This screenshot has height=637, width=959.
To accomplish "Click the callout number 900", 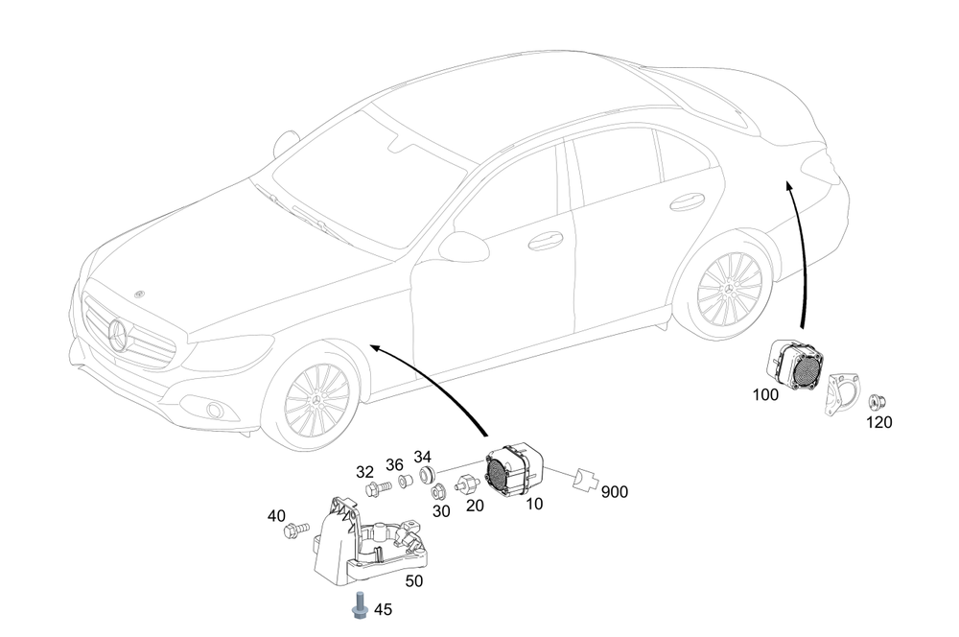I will [x=615, y=492].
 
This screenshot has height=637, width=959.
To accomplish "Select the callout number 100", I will [x=767, y=393].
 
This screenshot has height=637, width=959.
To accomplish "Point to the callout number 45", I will [x=383, y=608].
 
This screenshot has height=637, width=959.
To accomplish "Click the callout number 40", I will [x=276, y=516].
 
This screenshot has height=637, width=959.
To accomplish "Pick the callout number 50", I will [x=414, y=580].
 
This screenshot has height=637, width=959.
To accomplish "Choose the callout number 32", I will [x=364, y=471].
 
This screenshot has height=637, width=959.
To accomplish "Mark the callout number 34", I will [x=423, y=456].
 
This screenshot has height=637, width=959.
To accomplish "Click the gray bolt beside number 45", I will [x=359, y=604].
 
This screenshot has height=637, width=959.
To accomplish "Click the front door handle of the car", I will [x=545, y=240].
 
